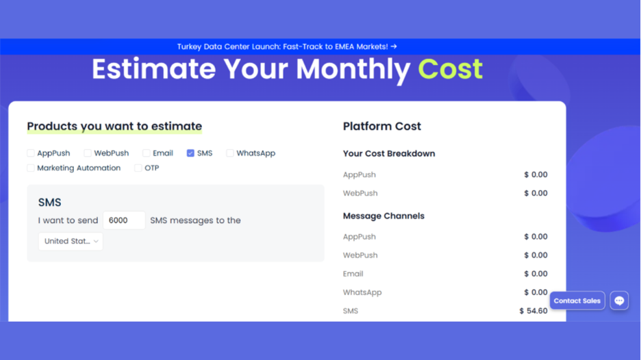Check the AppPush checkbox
coord(31,153)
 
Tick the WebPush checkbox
coord(88,153)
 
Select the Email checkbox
coord(146,153)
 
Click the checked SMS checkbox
coord(190,153)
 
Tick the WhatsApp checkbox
coord(230,153)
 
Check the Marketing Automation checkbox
coord(31,168)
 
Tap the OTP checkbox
coord(138,168)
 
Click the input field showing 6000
coord(123,220)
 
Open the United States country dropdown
coord(71,241)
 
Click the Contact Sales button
coord(577,300)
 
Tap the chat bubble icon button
coord(619,300)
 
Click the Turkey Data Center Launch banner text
coord(287,47)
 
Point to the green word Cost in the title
coord(450,69)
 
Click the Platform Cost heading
coord(381,127)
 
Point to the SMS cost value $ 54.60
coord(533,311)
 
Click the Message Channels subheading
coord(384,216)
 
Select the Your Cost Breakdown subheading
coord(389,154)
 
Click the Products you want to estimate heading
coord(114,127)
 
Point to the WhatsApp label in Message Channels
coord(362,292)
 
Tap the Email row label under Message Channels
coord(353,274)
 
